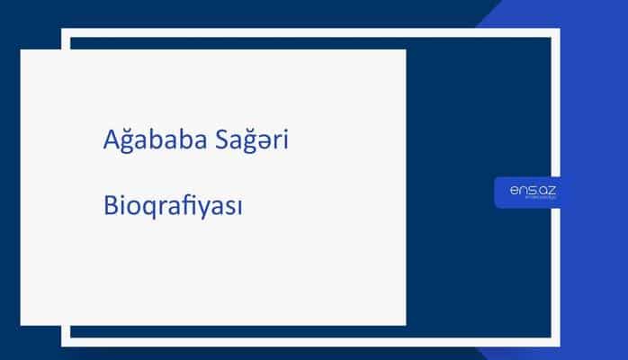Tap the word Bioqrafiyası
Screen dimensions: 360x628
(x=174, y=207)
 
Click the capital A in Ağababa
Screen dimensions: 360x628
(x=110, y=141)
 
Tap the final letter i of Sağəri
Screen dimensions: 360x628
(x=285, y=141)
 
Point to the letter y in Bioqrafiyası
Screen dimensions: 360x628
(x=208, y=209)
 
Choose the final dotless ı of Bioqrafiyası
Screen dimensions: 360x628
(x=241, y=208)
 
